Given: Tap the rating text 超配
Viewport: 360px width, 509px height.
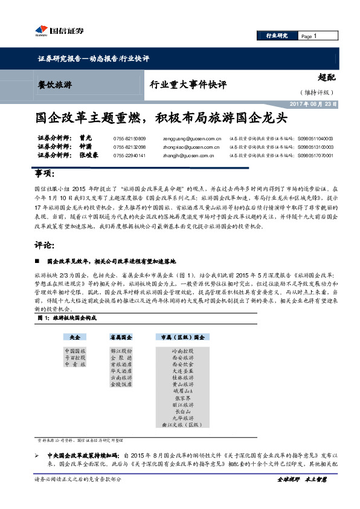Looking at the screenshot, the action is pos(327,78).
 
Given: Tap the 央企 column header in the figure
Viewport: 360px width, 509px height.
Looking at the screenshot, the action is pos(75,336).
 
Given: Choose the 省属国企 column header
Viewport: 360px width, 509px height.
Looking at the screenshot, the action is pos(121,336).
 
